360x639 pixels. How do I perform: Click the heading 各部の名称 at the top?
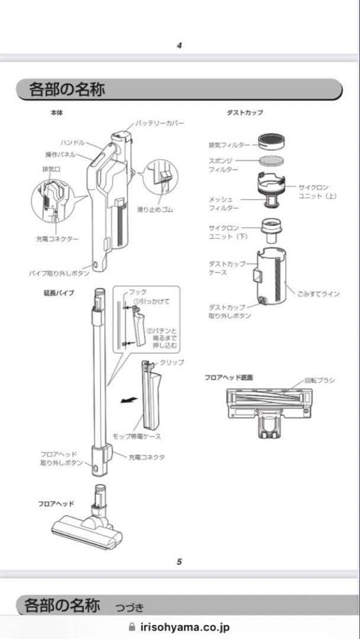pos(67,90)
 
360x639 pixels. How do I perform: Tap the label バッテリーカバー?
pos(159,122)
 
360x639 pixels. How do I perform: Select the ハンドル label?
pos(73,143)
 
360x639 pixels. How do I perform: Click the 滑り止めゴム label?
pos(155,209)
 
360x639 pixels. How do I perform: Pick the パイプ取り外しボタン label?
pos(59,273)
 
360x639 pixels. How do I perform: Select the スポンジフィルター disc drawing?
pos(273,161)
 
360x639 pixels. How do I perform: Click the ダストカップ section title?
pos(245,112)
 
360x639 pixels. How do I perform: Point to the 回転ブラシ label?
pos(319,380)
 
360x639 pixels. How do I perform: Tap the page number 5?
pos(179,561)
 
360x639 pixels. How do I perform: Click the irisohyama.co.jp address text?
pos(185,628)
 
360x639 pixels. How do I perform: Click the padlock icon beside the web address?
pos(132,627)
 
